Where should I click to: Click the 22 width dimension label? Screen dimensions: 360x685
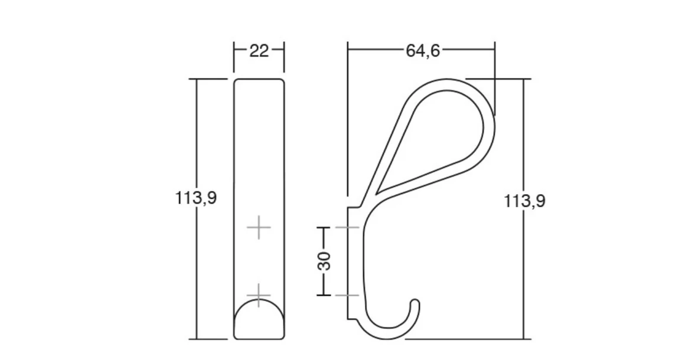[x=259, y=51]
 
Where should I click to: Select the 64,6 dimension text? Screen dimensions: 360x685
[x=422, y=51]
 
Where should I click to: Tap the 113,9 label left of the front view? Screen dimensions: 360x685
[x=195, y=198]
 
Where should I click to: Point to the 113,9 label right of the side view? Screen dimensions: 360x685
[x=524, y=201]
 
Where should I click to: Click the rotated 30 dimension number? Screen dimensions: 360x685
[x=324, y=261]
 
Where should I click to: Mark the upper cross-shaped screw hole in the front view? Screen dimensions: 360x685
[x=259, y=227]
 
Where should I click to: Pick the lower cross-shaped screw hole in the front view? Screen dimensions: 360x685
[x=259, y=295]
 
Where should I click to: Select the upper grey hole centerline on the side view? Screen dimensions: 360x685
[x=347, y=227]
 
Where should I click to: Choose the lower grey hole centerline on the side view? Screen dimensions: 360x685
[x=347, y=295]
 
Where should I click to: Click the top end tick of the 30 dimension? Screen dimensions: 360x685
[x=324, y=227]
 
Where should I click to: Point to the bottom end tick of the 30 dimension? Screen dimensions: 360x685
[x=324, y=295]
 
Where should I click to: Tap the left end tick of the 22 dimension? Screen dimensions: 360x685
[x=234, y=51]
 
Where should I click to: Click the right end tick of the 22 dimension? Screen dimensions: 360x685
[x=284, y=51]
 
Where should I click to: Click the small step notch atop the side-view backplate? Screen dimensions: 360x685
[x=353, y=207]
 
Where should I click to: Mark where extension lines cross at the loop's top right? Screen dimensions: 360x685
[x=495, y=78]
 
